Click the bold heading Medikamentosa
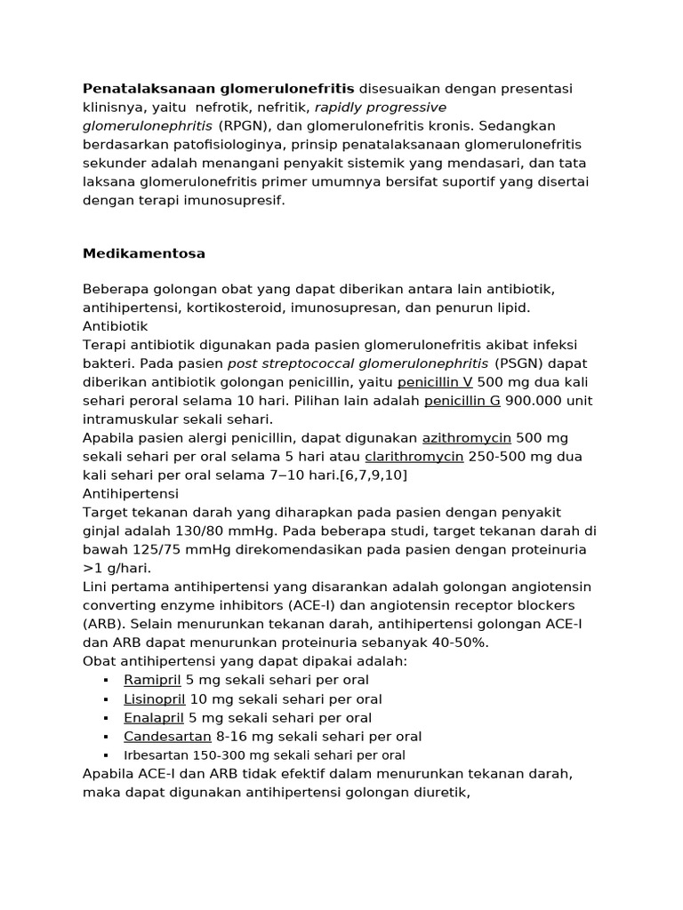tap(144, 253)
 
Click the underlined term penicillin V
tap(435, 382)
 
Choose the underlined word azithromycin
tap(466, 438)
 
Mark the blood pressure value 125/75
tap(143, 550)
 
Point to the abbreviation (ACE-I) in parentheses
tap(310, 606)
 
